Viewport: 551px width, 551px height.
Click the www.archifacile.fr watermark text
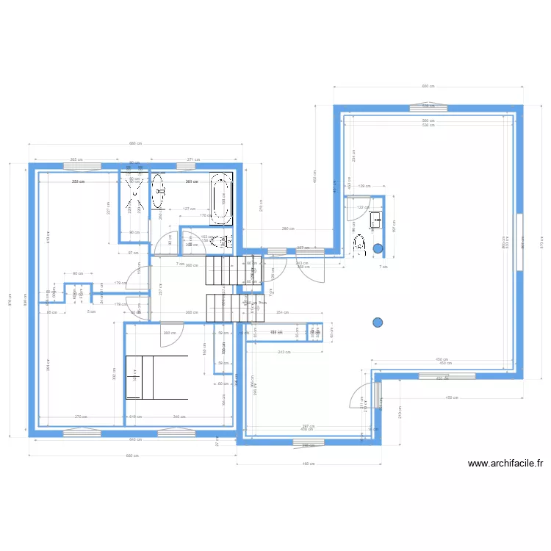(505, 464)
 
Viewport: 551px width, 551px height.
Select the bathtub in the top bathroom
(220, 198)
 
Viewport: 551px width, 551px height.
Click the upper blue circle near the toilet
(378, 248)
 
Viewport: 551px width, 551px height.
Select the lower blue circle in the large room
(378, 322)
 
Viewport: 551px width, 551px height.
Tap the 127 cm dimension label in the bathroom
(187, 209)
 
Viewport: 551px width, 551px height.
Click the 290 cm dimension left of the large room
(289, 228)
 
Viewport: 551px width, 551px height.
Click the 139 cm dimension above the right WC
(364, 187)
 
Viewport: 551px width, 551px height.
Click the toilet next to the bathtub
(215, 240)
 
